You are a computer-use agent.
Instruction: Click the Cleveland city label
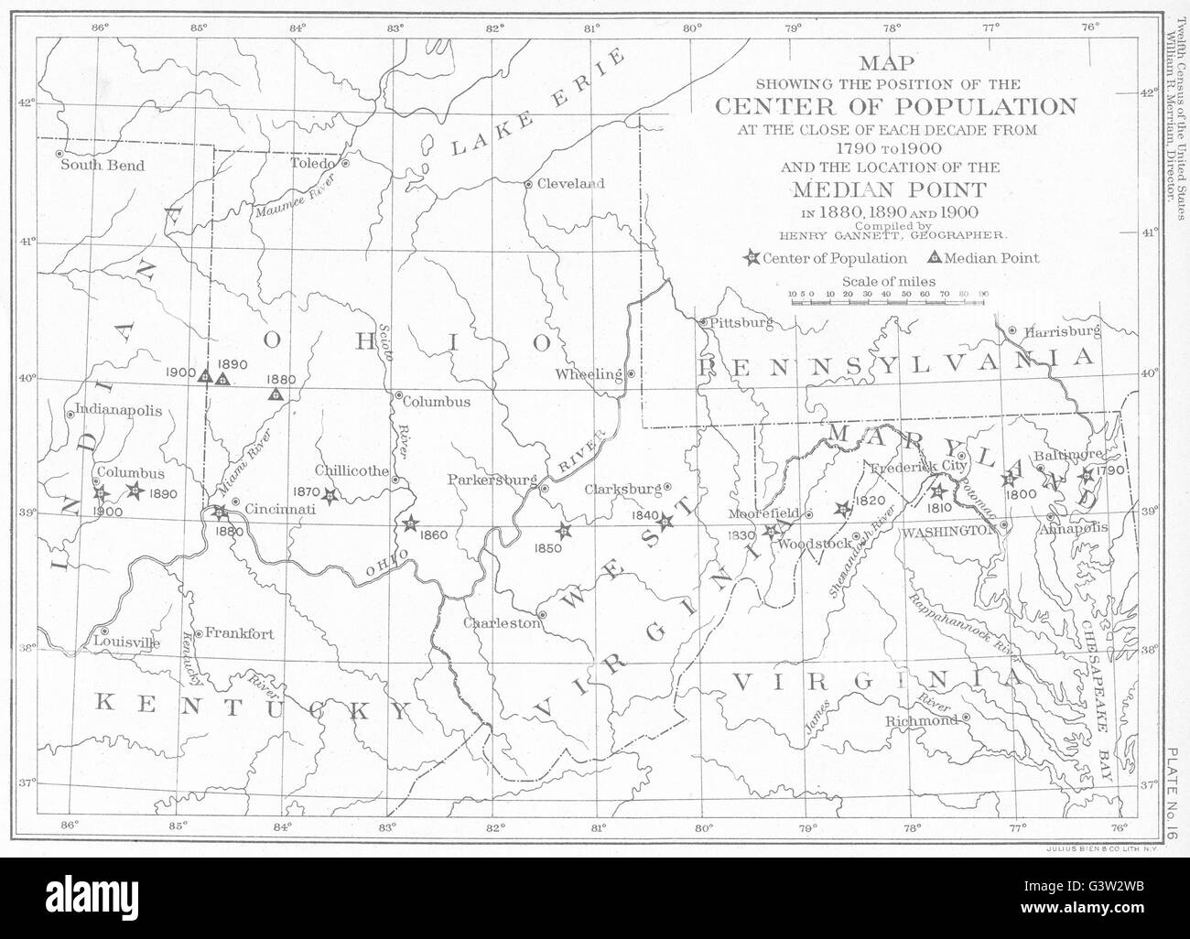570,183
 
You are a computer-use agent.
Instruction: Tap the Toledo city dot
346,163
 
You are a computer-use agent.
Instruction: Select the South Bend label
102,166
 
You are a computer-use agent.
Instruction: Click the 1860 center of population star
410,523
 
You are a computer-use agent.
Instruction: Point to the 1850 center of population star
564,530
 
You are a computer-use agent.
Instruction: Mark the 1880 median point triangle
276,394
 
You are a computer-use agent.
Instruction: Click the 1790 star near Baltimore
1087,475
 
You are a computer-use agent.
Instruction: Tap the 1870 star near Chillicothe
330,495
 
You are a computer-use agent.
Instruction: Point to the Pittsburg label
742,322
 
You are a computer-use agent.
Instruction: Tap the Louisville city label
127,642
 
